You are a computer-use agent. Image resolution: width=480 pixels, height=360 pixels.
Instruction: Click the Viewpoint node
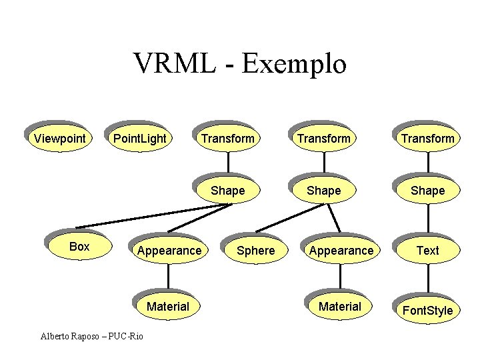pos(60,138)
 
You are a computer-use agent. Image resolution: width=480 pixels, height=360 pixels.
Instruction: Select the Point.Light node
pos(139,138)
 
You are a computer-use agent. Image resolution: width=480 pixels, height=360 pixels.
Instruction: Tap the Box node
pos(79,247)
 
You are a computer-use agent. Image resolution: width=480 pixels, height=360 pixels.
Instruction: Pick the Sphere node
pos(255,250)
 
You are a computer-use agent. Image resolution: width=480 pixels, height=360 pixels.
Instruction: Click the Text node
pos(427,250)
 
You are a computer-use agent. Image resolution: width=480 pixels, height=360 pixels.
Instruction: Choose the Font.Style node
pos(427,310)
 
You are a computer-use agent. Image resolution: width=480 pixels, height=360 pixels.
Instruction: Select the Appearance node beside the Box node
pos(169,250)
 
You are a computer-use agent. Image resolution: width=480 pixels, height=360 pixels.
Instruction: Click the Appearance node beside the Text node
pos(340,250)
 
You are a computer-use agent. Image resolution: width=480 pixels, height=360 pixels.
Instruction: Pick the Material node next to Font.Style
pos(340,306)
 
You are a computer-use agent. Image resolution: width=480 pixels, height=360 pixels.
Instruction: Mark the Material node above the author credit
pos(168,306)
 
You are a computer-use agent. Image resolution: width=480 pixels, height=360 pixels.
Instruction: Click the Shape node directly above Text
pos(427,190)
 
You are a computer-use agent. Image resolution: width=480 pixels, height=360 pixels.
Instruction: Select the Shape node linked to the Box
pos(228,190)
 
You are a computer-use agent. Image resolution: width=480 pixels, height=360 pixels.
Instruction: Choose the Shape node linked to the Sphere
pos(323,190)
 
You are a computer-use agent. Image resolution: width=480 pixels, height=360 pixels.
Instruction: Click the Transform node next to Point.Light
pos(228,138)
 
